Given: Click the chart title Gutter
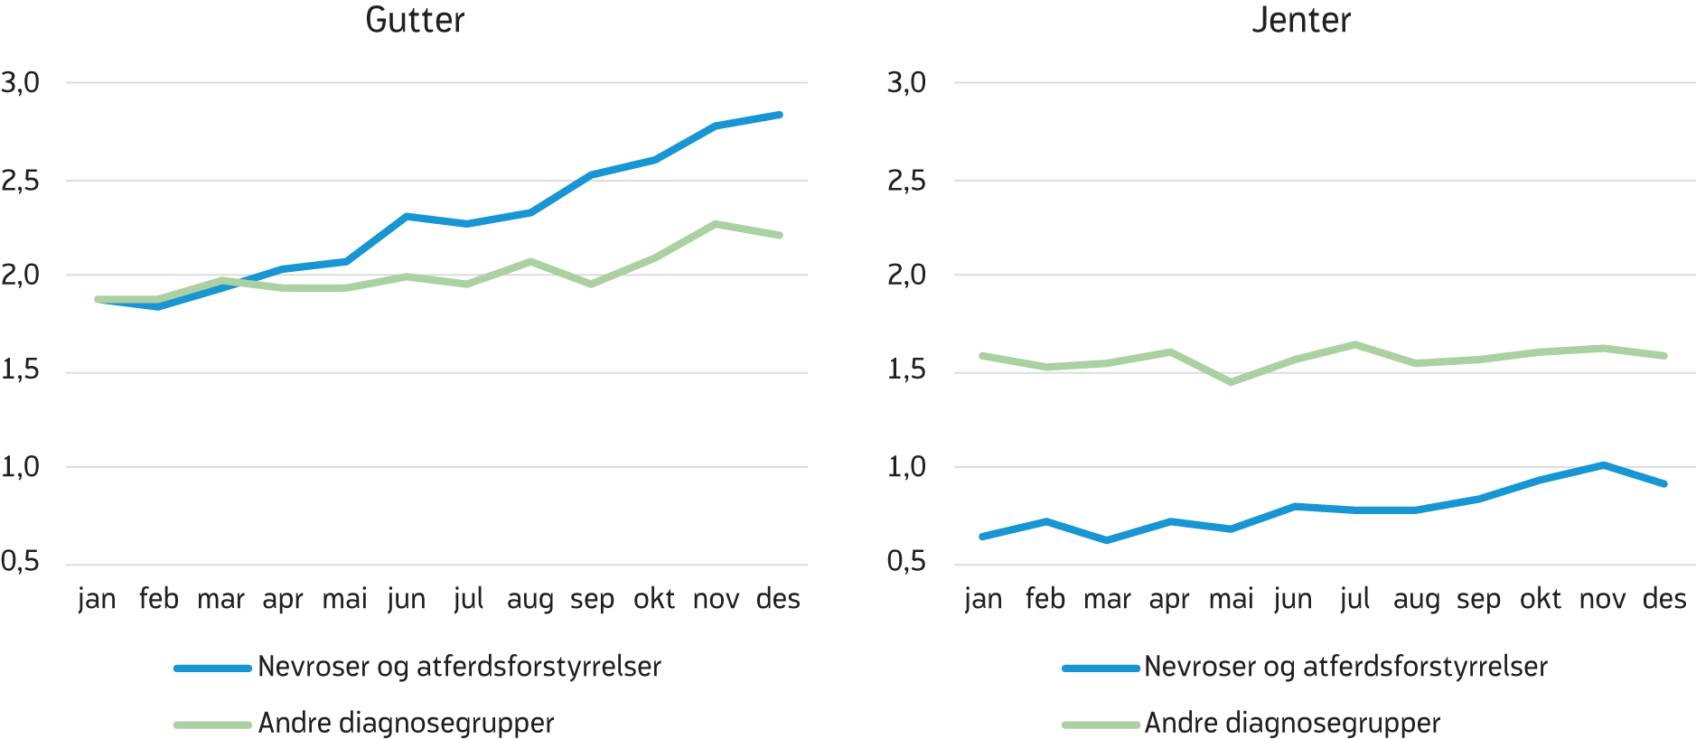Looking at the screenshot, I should coord(415,21).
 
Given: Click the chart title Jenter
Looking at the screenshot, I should coord(1301,21).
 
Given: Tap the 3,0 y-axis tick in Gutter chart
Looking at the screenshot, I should coord(21,83).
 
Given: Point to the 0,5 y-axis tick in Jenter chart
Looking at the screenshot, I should coord(907,562).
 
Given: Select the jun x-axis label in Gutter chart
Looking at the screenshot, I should coord(407,599).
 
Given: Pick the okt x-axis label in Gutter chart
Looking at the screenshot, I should coord(654,599).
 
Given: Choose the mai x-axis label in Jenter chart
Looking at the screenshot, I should coord(1232,599).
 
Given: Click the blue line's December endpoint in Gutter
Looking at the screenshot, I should coord(780,115).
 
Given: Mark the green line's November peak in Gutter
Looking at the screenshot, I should coord(716,224).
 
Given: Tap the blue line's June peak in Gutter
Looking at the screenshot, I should coord(407,217).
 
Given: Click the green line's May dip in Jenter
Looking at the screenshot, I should coord(1231,382).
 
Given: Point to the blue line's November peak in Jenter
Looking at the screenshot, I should coord(1603,465).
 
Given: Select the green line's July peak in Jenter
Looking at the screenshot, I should coord(1355,344).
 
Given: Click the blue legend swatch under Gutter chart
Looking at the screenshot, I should coord(212,669).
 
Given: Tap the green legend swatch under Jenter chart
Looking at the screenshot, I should coord(1101,725).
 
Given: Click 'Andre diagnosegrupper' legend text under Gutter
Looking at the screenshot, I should coord(406,724).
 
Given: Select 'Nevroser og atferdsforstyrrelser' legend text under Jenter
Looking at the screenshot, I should coord(1345,668).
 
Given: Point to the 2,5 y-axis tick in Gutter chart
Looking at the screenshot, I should coord(21,181).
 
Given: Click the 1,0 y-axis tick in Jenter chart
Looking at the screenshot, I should coord(907,467).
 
